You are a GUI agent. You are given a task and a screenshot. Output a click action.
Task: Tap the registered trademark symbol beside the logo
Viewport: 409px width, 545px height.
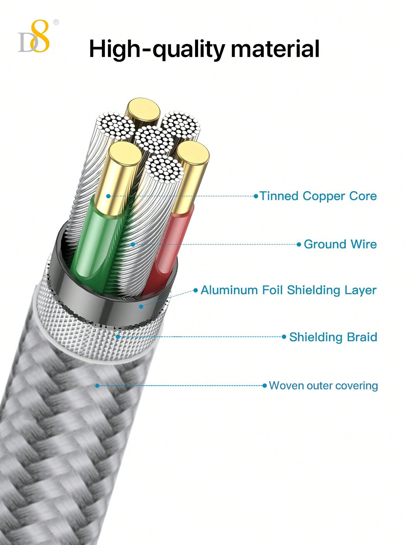(56, 22)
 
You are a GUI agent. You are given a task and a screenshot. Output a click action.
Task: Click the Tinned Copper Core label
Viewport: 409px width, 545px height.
(318, 196)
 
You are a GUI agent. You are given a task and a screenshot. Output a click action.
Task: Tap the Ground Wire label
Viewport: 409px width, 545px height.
(340, 244)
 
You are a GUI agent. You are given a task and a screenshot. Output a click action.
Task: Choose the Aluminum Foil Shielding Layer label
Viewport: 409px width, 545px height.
(288, 290)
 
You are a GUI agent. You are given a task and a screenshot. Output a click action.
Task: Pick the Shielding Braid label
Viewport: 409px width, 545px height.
(333, 337)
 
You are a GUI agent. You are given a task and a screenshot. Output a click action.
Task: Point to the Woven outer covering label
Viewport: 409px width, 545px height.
(324, 386)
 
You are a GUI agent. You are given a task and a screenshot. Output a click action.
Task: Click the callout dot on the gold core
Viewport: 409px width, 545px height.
(108, 196)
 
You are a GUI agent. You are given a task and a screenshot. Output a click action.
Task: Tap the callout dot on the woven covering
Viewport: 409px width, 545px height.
(97, 386)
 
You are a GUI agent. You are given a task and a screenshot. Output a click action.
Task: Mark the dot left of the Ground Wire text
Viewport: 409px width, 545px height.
(299, 244)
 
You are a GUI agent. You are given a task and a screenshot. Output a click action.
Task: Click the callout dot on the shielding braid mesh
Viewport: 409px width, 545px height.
(118, 337)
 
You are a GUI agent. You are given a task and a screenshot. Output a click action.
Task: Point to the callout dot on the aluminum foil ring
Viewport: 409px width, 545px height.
(141, 306)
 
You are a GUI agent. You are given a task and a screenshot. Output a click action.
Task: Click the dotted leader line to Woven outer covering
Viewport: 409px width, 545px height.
(183, 386)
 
